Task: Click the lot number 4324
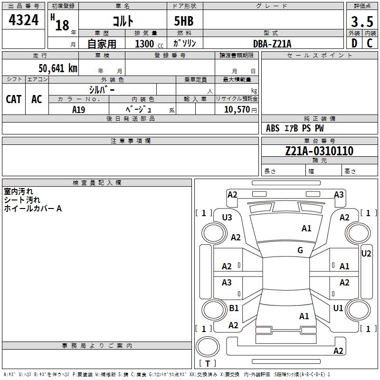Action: (24, 20)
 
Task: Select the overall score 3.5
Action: (362, 22)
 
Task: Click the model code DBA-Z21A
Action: (272, 44)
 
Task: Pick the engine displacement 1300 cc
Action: (148, 44)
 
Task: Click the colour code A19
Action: (78, 110)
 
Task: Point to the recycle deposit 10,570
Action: (236, 110)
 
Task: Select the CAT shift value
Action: (13, 99)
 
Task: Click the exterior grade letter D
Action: (354, 43)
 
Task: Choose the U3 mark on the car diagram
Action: (227, 218)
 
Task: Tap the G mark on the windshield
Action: (300, 250)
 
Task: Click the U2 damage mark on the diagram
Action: (366, 254)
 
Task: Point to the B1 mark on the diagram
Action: (234, 308)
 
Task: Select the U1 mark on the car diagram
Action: (338, 308)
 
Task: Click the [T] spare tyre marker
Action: (208, 363)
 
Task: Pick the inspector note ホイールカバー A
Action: (33, 209)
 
